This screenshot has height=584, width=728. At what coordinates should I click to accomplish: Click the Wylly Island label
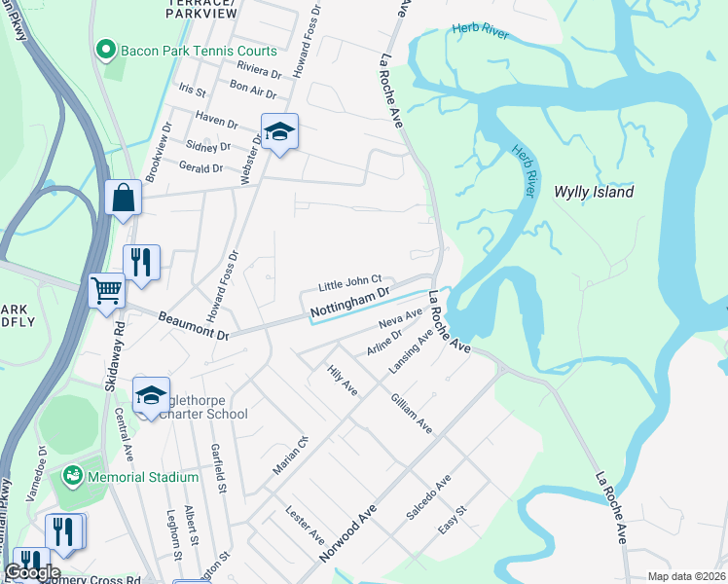pos(594,192)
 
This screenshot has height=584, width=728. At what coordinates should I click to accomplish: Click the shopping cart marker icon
pos(106,289)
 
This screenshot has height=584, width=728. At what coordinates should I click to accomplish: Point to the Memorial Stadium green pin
pos(72,477)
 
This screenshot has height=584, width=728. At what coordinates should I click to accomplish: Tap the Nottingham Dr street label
pos(349,302)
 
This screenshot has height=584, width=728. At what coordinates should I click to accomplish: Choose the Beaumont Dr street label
pos(195,327)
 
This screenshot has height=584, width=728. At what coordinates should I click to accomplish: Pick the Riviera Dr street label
pos(259,69)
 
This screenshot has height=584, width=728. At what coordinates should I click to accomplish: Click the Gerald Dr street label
pos(202,168)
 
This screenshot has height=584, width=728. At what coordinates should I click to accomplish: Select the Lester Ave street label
pos(305,523)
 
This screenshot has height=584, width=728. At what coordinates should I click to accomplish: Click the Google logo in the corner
pos(33,572)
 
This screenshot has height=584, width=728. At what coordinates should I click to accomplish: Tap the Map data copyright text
pos(686,576)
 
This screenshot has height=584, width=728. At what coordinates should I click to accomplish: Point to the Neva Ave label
pos(400,318)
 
